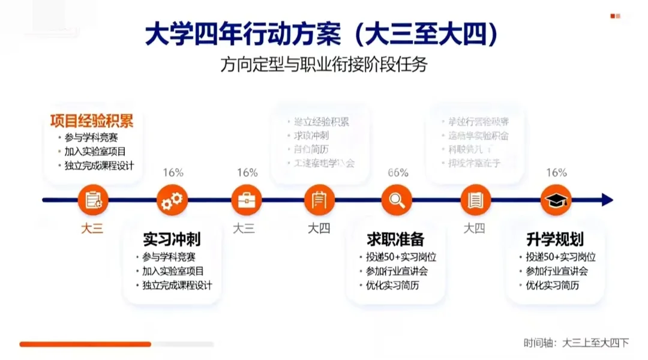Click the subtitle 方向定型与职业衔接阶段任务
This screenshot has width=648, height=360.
(323, 64)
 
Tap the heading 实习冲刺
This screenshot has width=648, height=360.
(172, 239)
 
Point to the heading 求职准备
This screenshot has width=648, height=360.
(395, 239)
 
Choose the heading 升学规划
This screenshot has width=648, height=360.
(555, 239)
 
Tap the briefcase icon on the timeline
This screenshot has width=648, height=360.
(247, 200)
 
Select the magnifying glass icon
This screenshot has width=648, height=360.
(397, 200)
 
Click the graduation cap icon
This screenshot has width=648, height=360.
(556, 200)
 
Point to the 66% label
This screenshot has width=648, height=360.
(398, 173)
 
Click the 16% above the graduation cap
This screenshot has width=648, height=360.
(556, 173)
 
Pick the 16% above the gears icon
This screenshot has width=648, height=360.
(173, 173)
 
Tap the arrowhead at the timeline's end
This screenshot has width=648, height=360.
(607, 200)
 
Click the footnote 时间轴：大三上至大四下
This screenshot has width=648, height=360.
(576, 343)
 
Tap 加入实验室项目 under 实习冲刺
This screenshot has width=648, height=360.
(173, 271)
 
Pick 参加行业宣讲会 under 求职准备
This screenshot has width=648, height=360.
(397, 271)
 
